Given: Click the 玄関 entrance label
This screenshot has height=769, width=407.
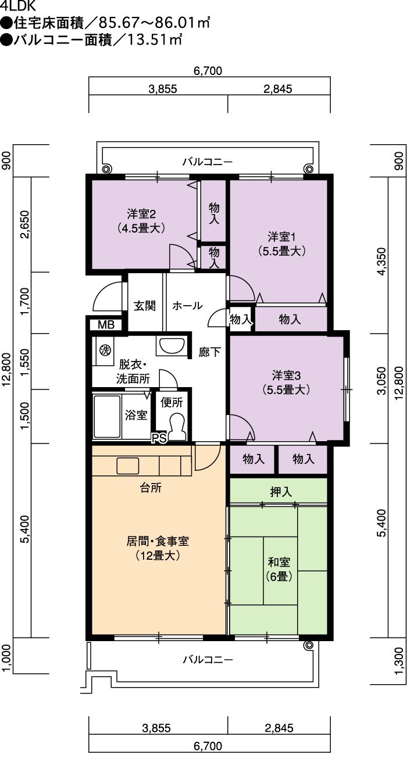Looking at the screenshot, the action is coord(145,306).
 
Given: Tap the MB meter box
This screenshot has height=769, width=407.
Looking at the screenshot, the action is coord(106,324).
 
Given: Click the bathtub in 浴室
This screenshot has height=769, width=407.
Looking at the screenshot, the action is coord(107,416).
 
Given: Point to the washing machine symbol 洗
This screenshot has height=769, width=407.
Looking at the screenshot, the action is coord(105,350).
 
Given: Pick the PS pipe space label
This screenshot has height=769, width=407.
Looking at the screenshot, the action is coord(159,438).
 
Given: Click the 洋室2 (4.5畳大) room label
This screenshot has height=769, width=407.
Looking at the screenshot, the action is coord(141,221).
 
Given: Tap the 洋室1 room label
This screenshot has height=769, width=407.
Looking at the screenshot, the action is coord(281,244).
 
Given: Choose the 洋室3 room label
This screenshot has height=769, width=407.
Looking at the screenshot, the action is coord(286,382).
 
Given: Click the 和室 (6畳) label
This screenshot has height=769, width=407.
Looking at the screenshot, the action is coord(279,569).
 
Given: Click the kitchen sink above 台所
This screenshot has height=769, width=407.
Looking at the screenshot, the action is coord(128,466).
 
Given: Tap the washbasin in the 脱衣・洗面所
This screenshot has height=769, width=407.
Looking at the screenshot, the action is coord(172,346).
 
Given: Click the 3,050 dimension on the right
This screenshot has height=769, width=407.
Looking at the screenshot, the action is coord(381,381).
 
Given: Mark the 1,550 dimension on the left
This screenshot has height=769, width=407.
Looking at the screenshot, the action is coord(26,362).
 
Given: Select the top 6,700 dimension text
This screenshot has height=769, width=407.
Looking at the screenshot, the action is coord(208,71).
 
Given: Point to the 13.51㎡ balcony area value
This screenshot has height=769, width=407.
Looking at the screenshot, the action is coord(155,40).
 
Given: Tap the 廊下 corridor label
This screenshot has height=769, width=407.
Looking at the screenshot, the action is coord(209,352).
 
